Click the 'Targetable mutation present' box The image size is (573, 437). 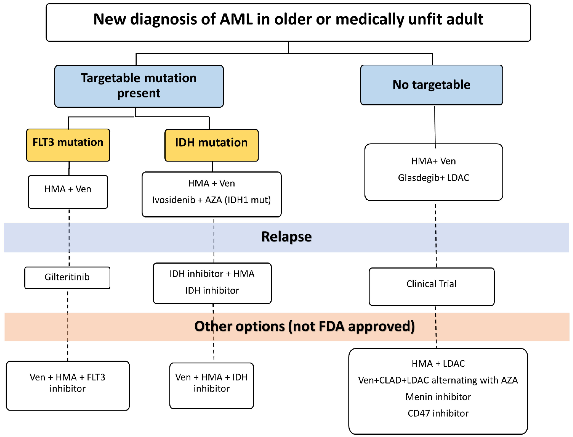[139, 86]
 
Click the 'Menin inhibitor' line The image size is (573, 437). [438, 397]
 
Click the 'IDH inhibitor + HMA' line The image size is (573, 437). [212, 274]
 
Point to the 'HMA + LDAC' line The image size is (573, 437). [438, 363]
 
